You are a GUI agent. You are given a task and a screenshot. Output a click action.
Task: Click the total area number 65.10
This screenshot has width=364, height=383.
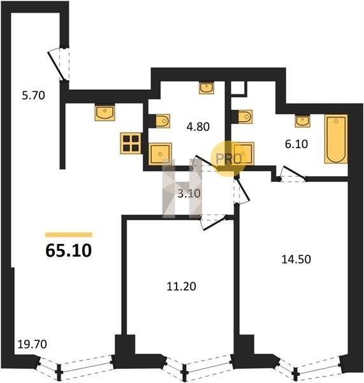(69, 251)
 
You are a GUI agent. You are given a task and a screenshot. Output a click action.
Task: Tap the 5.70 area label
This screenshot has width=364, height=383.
(33, 95)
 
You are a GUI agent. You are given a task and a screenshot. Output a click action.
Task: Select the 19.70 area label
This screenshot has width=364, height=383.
(33, 345)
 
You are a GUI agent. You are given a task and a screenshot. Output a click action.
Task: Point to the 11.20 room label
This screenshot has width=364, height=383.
(181, 286)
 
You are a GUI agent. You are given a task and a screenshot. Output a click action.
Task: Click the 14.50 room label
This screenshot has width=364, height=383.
(296, 259)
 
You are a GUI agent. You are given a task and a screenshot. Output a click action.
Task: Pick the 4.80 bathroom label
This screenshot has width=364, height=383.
(198, 127)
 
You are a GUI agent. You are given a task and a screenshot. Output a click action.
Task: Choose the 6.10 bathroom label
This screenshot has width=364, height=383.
(296, 144)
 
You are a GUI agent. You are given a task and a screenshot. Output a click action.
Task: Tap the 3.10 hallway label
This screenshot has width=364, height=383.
(189, 193)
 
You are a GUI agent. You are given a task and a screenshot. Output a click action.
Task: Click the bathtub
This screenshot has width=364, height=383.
(336, 139)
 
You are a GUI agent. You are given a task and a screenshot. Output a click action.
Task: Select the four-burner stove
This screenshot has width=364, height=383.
(131, 144)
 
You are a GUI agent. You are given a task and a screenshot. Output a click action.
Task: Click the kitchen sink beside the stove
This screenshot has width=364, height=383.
(105, 112)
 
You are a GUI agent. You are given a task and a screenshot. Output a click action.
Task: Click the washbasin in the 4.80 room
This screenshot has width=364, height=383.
(207, 87)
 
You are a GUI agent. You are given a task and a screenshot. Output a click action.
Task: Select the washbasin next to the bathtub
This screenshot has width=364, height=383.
(303, 121)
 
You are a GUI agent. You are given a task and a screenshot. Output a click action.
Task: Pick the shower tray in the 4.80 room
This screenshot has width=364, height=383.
(160, 154)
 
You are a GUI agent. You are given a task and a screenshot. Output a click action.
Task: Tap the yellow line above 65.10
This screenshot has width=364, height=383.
(69, 235)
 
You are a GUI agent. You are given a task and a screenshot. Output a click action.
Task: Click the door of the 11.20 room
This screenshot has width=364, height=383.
(215, 223)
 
